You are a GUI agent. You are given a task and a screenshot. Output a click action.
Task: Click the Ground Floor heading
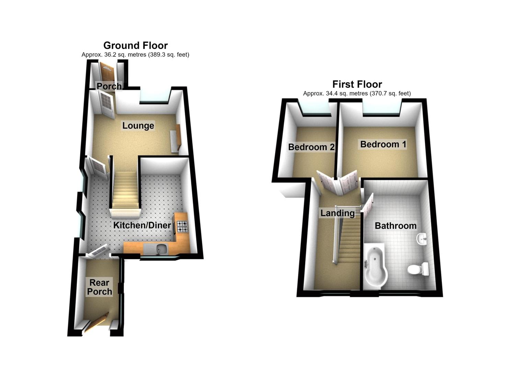pos(135,46)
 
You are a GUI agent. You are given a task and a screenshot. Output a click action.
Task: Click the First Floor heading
pos(357,84)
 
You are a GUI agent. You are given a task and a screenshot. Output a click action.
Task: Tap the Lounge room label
pos(138,125)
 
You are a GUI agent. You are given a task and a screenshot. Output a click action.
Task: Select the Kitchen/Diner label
pos(142,225)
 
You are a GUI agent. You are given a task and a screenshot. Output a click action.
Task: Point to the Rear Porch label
pos(100,287)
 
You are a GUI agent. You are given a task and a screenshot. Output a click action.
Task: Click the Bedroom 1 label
pos(383,144)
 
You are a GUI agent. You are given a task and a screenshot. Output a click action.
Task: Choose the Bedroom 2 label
pos(311,147)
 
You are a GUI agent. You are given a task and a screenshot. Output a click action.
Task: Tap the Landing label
pos(337,213)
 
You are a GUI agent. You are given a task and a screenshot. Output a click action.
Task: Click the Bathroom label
pos(396,226)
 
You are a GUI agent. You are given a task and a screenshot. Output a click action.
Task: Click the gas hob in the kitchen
pos(182,227)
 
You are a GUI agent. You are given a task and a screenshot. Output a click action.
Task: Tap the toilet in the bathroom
pos(418,269)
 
